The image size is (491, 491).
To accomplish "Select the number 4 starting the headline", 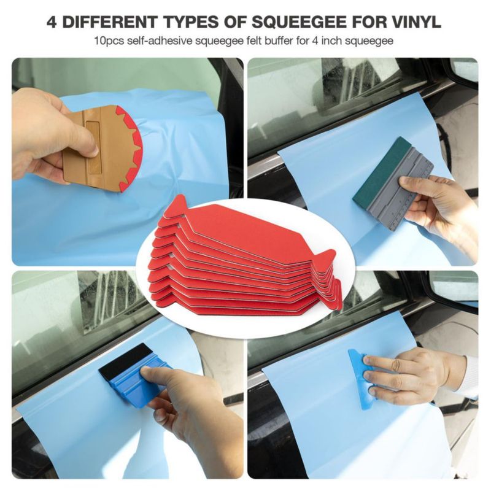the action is [x=52, y=22].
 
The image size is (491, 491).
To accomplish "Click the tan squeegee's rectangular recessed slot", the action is [x=93, y=147].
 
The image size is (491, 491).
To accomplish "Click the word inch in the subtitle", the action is [x=334, y=41].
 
